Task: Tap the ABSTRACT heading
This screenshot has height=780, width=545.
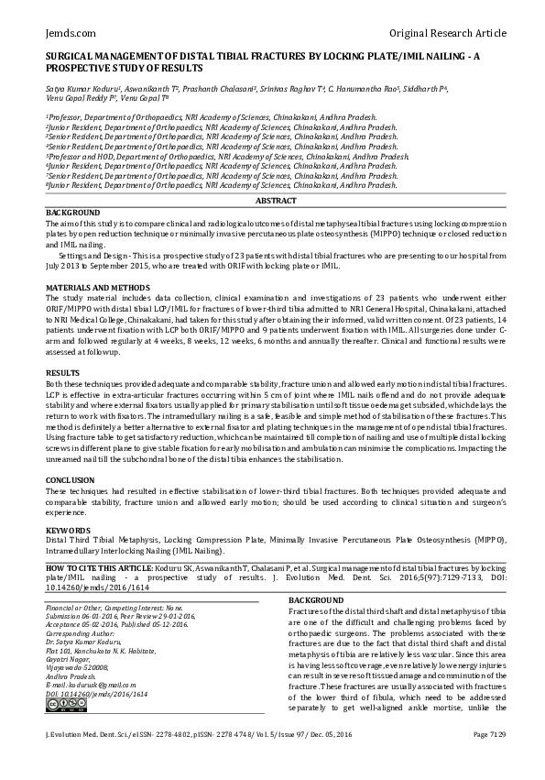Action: pyautogui.click(x=275, y=200)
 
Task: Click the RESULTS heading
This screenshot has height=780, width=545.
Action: pyautogui.click(x=63, y=374)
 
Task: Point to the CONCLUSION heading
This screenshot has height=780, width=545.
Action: pyautogui.click(x=71, y=479)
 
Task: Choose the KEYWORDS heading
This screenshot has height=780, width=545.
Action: pyautogui.click(x=68, y=531)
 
